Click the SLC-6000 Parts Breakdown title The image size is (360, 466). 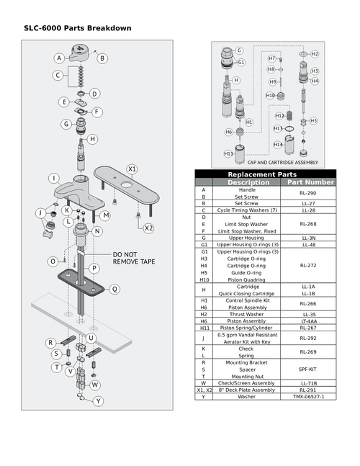[x=77, y=28]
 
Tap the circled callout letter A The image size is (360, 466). [x=59, y=58]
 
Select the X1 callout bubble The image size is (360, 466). [x=132, y=169]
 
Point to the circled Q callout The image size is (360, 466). [x=114, y=289]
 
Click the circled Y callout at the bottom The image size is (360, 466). [x=99, y=400]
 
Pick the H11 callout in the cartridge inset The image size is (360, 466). [x=228, y=153]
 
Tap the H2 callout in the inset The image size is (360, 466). [x=315, y=54]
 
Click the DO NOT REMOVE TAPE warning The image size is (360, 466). [x=133, y=259]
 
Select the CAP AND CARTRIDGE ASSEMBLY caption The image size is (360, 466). [x=277, y=163]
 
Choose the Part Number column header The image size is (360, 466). [x=310, y=182]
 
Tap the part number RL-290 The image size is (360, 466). [x=308, y=193]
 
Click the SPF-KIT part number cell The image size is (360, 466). [x=308, y=368]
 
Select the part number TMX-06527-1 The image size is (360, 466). [x=308, y=396]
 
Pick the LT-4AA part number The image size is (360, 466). [x=308, y=321]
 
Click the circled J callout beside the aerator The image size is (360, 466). [x=40, y=213]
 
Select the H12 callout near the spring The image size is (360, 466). [x=279, y=115]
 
